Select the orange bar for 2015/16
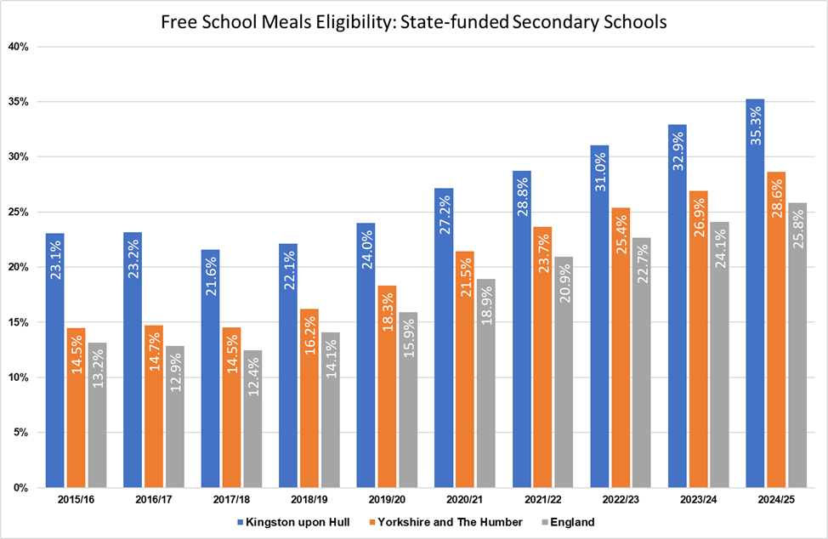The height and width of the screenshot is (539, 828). click(x=77, y=408)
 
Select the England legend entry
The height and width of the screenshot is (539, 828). click(x=571, y=522)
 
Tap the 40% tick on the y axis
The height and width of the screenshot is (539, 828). click(x=19, y=47)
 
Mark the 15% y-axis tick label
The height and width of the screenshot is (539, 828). click(x=19, y=322)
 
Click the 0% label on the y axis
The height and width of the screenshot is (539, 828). click(x=21, y=487)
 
